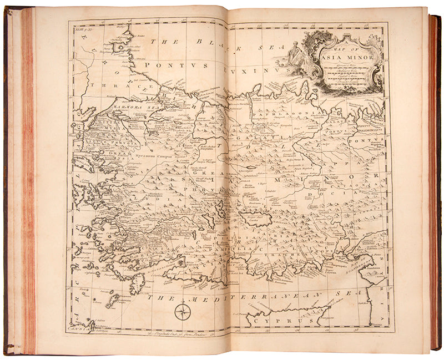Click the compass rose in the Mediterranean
point(182,312)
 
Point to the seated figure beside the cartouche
point(294,54)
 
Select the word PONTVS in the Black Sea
point(162,65)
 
